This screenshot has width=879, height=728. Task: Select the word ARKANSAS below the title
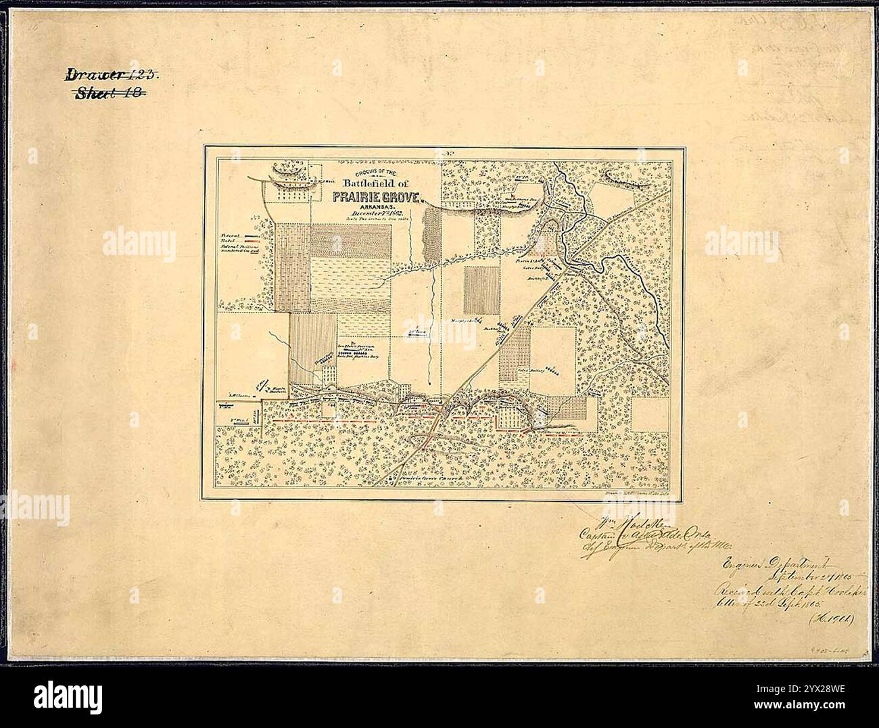pos(375,206)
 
